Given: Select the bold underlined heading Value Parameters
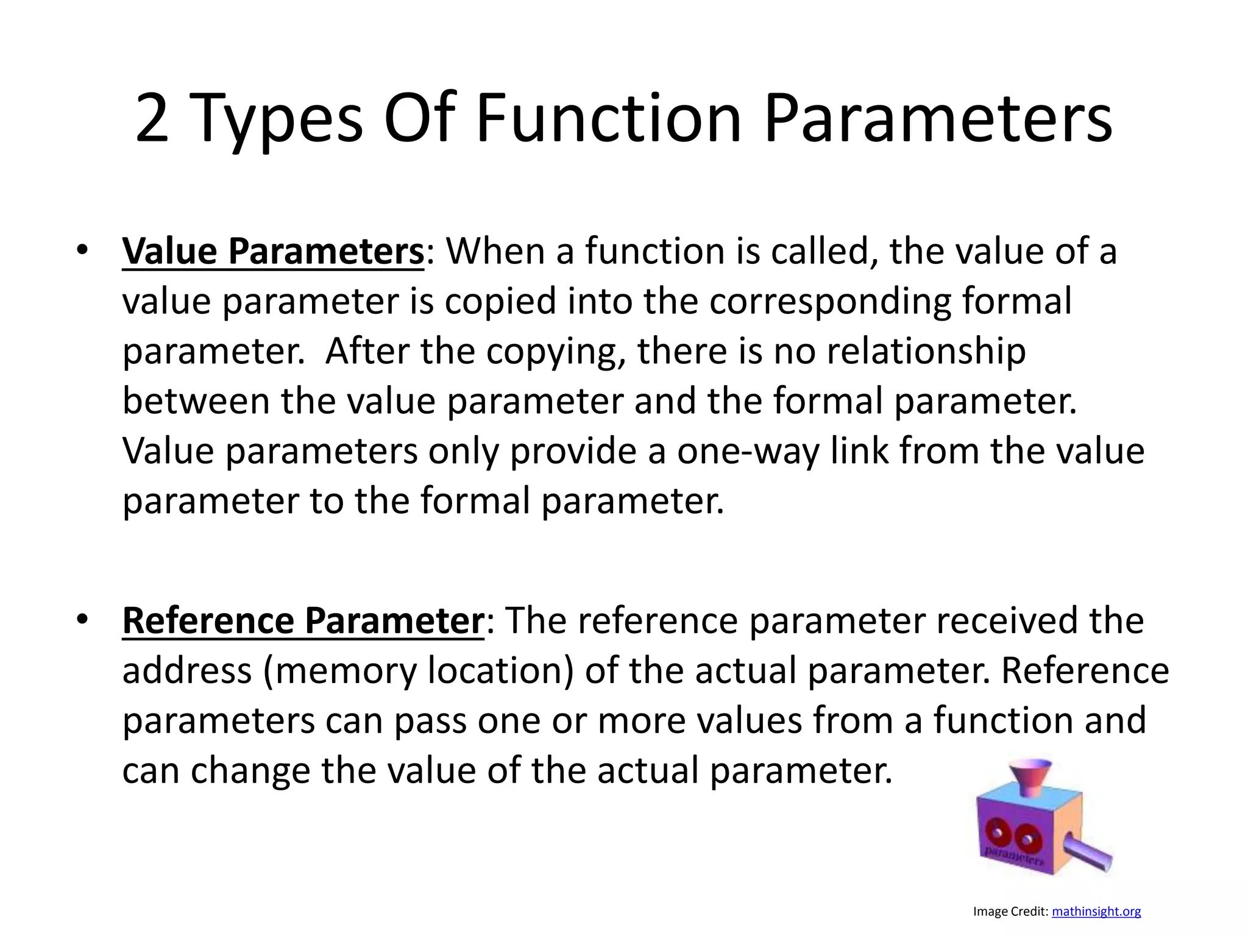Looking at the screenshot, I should tap(273, 251).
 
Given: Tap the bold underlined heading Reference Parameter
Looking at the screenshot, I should tap(303, 621).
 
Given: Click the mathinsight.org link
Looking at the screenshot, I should tap(1096, 912).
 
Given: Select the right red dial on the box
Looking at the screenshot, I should tap(1027, 838).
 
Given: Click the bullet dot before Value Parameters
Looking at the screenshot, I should tap(82, 250).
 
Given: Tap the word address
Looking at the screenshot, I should tap(186, 671).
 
